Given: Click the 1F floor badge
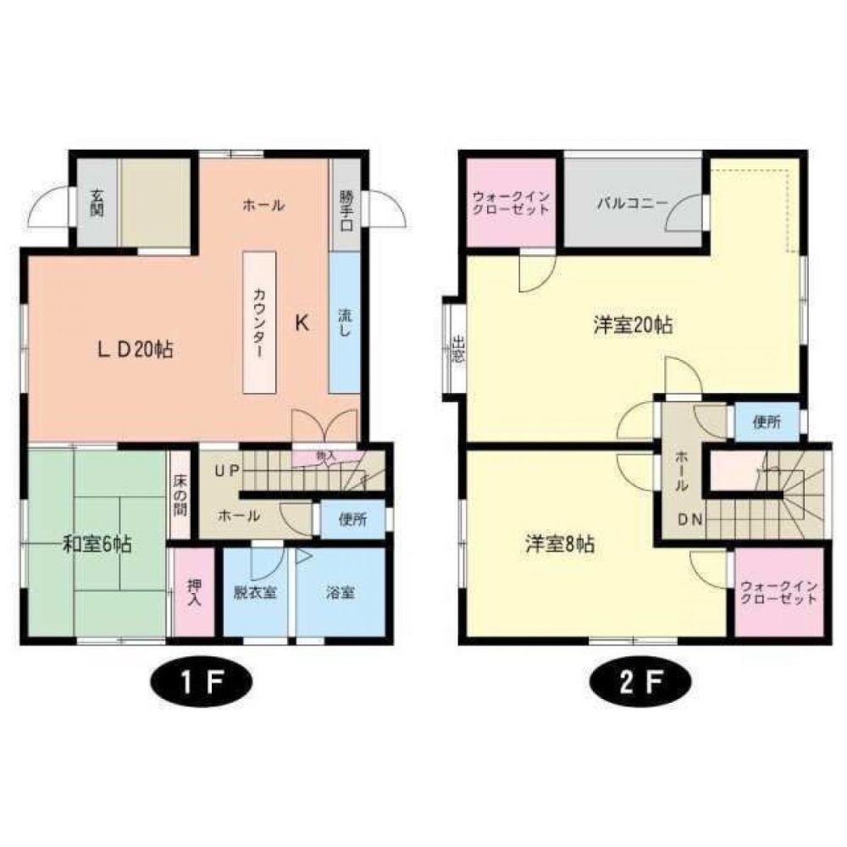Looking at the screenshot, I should (x=201, y=684).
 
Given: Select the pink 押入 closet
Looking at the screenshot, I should (x=194, y=592).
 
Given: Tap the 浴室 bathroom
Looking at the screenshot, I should (x=340, y=593).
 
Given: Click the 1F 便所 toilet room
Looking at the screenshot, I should (x=353, y=519).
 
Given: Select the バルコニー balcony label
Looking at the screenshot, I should (x=631, y=203).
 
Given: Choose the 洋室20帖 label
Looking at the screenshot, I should (x=633, y=324).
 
